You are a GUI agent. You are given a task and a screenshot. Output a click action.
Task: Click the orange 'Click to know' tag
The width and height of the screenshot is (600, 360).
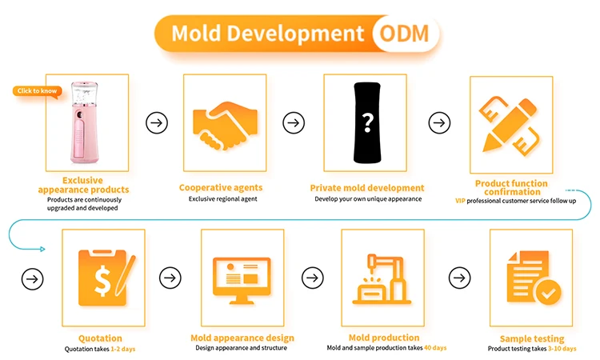(37, 90)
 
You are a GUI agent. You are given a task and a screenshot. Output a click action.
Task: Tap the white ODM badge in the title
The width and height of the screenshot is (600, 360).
(405, 34)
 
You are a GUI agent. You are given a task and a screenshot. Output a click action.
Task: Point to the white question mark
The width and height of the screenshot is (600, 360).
(367, 122)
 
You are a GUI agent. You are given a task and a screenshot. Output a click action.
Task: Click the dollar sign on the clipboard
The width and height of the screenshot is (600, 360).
(102, 276)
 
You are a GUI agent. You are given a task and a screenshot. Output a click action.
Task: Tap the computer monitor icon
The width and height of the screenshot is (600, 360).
(242, 277)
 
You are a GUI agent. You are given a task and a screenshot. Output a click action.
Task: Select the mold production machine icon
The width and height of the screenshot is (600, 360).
(381, 277)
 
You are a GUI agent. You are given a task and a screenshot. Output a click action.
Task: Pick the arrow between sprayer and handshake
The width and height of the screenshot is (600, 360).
(157, 122)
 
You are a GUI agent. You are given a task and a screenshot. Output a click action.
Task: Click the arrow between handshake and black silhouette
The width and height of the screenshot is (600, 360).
(294, 122)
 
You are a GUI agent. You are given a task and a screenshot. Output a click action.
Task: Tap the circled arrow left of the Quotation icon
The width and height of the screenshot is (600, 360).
(33, 278)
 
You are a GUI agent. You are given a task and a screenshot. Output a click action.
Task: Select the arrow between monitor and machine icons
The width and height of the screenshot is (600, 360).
(312, 278)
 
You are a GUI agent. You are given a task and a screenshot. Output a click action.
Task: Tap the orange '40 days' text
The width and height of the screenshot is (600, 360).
(435, 348)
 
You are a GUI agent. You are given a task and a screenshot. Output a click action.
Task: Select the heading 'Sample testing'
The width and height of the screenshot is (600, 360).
(527, 338)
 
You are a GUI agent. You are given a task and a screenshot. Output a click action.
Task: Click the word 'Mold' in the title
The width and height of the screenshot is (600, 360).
(198, 34)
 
